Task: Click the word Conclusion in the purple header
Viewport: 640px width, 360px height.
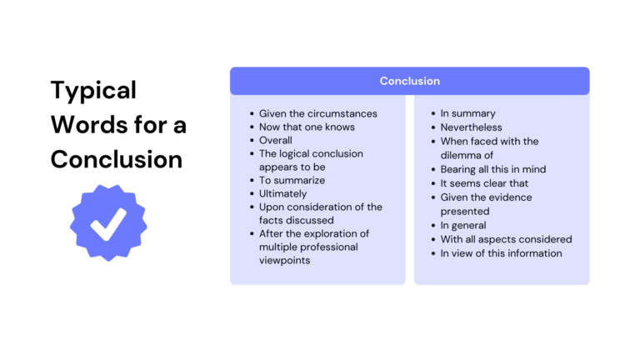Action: pyautogui.click(x=409, y=81)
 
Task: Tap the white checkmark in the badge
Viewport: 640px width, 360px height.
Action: pyautogui.click(x=108, y=221)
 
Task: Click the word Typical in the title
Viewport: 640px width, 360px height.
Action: pyautogui.click(x=93, y=90)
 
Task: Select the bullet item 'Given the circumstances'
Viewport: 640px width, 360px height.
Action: pyautogui.click(x=317, y=113)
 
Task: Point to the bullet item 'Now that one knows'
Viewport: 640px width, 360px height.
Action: pyautogui.click(x=307, y=127)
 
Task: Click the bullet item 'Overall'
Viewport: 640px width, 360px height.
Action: pyautogui.click(x=276, y=140)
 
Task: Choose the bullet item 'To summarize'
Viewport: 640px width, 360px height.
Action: pyautogui.click(x=292, y=180)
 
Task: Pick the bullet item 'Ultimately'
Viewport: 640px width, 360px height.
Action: pyautogui.click(x=282, y=193)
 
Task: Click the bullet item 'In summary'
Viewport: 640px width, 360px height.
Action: pyautogui.click(x=467, y=113)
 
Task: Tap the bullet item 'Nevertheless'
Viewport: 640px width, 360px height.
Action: pyautogui.click(x=471, y=127)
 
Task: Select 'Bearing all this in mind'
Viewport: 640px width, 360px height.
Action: pyautogui.click(x=492, y=169)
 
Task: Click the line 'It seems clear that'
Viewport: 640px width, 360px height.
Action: pyautogui.click(x=484, y=183)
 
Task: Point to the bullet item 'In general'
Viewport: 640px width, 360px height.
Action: pyautogui.click(x=463, y=225)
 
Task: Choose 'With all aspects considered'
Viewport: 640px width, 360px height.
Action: pyautogui.click(x=506, y=239)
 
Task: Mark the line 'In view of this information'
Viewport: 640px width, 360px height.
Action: pyautogui.click(x=501, y=253)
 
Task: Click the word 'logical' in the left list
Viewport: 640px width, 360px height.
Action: pyautogui.click(x=295, y=153)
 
